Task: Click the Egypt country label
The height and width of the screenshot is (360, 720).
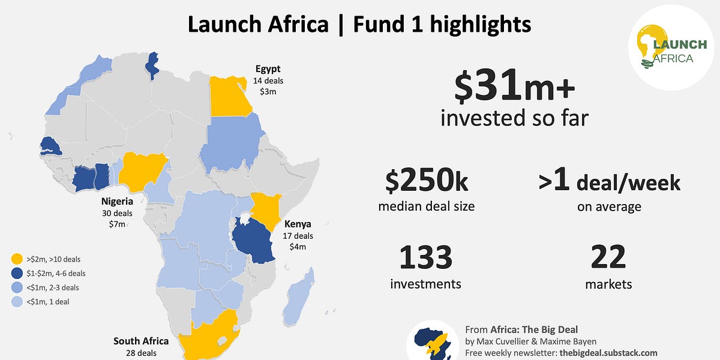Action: pyautogui.click(x=268, y=69)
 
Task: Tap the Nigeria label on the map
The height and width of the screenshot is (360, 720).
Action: pyautogui.click(x=117, y=202)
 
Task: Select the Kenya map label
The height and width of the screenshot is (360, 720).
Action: pyautogui.click(x=298, y=224)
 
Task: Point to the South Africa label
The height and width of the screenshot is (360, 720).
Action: pyautogui.click(x=141, y=341)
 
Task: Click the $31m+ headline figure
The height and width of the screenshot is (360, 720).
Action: pyautogui.click(x=514, y=86)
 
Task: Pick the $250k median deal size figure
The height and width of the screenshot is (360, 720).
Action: pyautogui.click(x=426, y=181)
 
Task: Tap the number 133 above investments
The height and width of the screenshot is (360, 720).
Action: pyautogui.click(x=425, y=257)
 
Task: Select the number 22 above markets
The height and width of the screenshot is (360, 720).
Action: pyautogui.click(x=608, y=257)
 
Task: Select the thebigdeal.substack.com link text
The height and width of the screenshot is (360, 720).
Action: pyautogui.click(x=608, y=353)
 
